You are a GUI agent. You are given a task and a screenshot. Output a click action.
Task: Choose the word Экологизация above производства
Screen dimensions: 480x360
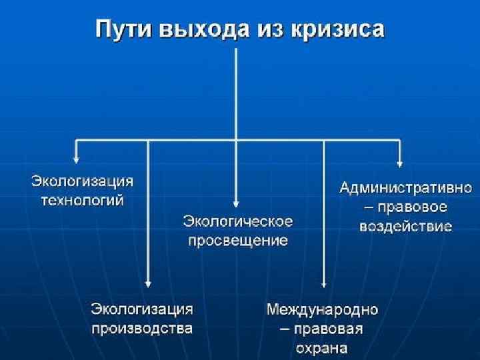142,309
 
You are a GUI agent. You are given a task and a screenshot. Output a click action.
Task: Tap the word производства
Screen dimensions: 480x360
142,328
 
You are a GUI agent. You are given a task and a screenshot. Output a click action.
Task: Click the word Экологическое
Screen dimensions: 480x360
237,221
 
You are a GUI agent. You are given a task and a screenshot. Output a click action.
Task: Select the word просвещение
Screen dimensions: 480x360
237,240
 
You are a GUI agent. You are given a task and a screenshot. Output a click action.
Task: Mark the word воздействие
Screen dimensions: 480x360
405,226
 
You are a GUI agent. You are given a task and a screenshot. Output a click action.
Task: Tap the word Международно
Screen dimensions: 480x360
323,309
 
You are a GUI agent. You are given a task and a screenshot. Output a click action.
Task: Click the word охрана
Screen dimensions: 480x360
323,348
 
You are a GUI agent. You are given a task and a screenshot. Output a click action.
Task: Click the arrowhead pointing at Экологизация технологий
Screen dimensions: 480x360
77,159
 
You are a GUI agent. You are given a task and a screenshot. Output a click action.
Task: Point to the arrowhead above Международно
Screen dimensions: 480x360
323,283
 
